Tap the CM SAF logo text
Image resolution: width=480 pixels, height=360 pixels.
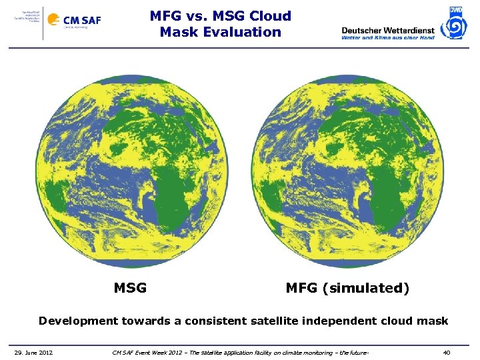coord(82,20)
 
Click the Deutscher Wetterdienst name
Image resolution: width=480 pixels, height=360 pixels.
coord(387,30)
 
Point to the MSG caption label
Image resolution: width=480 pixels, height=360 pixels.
coord(131,289)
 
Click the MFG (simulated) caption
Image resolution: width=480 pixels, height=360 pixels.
coord(347,289)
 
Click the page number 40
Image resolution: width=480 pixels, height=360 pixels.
coord(447,352)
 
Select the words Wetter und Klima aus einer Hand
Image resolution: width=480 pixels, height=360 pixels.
coord(387,38)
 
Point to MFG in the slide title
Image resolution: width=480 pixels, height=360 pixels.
coord(165,16)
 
